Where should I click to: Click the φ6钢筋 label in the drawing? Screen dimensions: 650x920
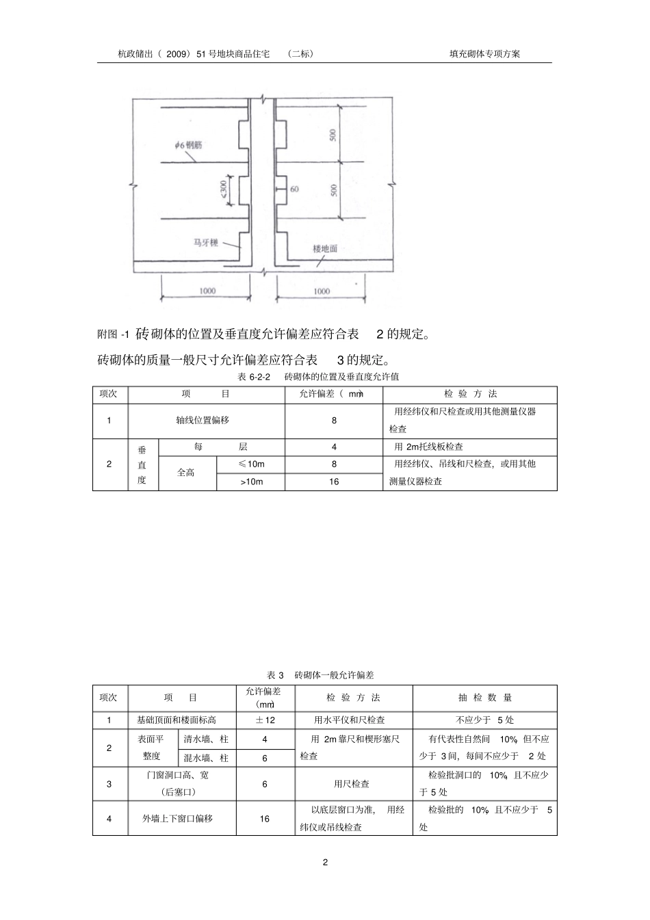(x=188, y=145)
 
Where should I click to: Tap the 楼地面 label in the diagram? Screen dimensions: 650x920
(x=325, y=249)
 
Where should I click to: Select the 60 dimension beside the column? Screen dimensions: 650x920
(x=294, y=189)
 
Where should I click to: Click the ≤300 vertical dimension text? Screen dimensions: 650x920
(x=224, y=189)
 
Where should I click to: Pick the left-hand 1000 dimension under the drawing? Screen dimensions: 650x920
(x=207, y=291)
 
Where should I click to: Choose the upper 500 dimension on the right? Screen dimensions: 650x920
(x=333, y=135)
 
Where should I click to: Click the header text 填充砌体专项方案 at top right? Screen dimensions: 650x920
(x=484, y=53)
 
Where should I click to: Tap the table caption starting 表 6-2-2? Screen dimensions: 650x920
(x=318, y=377)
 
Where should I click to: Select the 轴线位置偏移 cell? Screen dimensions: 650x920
(x=207, y=421)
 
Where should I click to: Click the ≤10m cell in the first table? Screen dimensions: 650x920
(x=251, y=464)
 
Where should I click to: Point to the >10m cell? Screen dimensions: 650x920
(x=251, y=482)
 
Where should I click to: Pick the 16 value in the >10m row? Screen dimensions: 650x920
(x=334, y=482)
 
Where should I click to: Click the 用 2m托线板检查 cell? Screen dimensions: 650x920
(x=429, y=447)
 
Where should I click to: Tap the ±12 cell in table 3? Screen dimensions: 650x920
(x=265, y=720)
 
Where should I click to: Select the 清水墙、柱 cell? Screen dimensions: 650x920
(x=206, y=739)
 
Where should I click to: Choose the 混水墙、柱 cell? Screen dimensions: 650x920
(x=206, y=758)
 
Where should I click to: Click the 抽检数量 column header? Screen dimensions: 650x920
(x=484, y=698)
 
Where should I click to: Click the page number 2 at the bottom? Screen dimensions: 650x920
(x=325, y=862)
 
